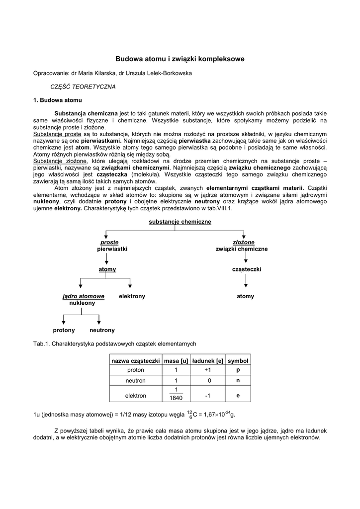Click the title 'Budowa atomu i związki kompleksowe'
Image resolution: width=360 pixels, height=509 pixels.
click(180, 59)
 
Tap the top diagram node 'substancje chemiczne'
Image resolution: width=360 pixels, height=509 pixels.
click(180, 221)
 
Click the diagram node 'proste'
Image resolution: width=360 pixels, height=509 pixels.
click(109, 242)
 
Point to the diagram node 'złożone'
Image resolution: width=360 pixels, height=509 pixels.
click(244, 242)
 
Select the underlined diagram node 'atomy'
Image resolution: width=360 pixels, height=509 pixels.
click(107, 269)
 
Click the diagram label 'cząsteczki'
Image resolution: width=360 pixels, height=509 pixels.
click(247, 269)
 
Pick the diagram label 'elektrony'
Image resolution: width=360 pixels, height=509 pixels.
click(132, 296)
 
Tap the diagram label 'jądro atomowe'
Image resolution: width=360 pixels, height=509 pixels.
click(84, 296)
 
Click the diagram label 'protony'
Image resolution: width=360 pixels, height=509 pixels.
click(64, 330)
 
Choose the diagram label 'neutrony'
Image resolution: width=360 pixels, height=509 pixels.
click(102, 330)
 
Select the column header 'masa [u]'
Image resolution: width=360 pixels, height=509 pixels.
click(176, 360)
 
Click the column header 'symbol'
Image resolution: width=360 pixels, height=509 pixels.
click(238, 360)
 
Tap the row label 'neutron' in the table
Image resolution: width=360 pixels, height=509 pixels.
click(136, 380)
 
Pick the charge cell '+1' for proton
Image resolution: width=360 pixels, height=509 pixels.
click(208, 370)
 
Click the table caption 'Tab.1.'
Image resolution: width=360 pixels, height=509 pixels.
click(41, 343)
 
